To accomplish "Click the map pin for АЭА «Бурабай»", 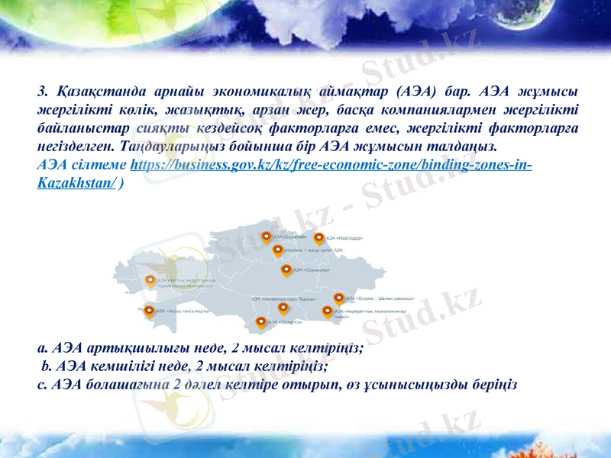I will tap(266, 237).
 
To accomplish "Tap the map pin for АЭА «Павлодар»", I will tap(319, 238).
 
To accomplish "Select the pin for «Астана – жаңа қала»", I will tap(277, 250).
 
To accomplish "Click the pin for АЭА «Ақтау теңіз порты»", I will tap(149, 311).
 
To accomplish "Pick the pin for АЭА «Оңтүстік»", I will tap(261, 322).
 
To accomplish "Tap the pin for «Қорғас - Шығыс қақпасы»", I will tap(338, 298).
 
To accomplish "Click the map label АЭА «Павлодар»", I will tap(344, 238).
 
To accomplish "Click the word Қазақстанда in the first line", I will tap(100, 93).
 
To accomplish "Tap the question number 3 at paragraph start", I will tap(41, 93).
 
